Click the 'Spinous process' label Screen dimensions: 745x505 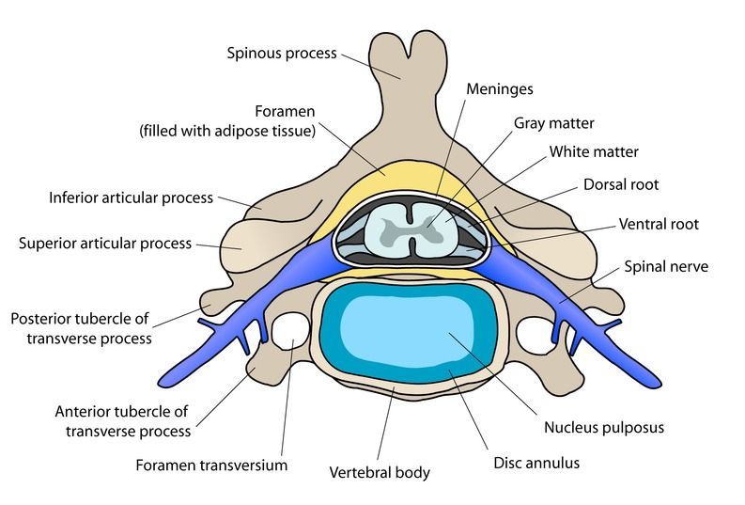click(282, 54)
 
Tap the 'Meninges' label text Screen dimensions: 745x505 click(500, 89)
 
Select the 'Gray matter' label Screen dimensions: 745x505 click(554, 123)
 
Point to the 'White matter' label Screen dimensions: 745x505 click(594, 151)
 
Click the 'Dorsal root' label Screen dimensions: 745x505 click(621, 184)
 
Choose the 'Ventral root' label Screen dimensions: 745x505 click(659, 224)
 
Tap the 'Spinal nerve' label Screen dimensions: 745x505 click(666, 267)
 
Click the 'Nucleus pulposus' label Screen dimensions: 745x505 click(604, 428)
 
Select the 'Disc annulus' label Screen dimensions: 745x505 click(536, 463)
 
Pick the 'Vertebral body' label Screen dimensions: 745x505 click(380, 473)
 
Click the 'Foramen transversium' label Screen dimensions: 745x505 click(211, 466)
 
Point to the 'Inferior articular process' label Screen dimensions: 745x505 click(132, 197)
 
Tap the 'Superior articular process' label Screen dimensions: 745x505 click(105, 244)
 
